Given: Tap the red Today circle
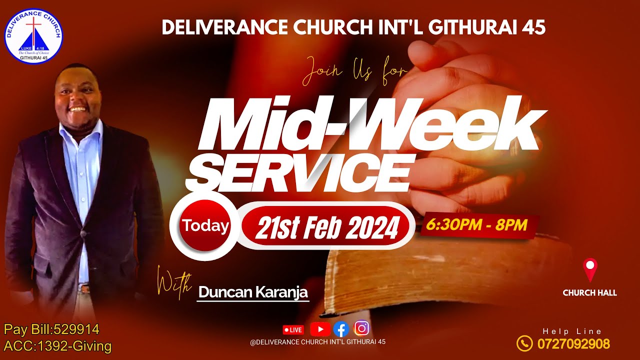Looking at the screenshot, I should [205, 226].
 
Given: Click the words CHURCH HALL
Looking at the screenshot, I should [590, 293].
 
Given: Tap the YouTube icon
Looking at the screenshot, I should [320, 329].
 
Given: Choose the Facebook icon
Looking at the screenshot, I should [341, 329].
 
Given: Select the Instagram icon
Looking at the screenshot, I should [361, 328].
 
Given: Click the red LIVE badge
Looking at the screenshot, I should [293, 329].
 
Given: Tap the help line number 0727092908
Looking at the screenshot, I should [573, 344].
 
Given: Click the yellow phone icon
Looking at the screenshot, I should [524, 343].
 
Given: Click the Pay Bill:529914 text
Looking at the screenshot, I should [51, 329].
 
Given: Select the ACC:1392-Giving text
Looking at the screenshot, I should [57, 345].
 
